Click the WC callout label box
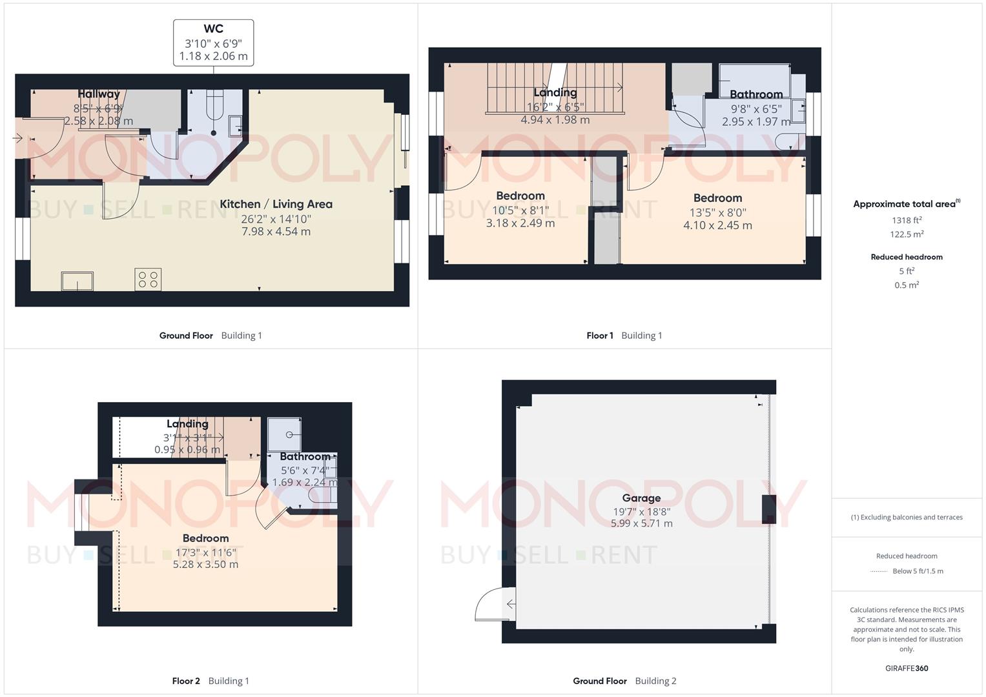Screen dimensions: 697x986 click(x=213, y=43)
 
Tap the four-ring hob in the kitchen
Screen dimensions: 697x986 click(x=148, y=279)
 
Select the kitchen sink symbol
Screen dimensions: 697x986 click(x=77, y=281)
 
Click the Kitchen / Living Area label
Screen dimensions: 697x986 click(x=276, y=204)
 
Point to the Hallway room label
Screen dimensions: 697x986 click(x=99, y=94)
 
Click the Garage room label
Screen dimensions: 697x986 click(x=641, y=498)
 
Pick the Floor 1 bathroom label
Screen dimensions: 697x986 click(x=756, y=95)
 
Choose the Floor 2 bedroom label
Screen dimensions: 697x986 click(x=205, y=538)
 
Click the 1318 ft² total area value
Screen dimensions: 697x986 click(x=907, y=220)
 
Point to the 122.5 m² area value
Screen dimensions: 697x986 click(x=907, y=234)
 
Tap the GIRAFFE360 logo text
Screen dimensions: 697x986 click(x=907, y=668)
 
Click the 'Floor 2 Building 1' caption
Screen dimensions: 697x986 click(x=211, y=681)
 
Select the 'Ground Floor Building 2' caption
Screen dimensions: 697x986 click(x=624, y=681)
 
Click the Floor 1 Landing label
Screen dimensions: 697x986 click(x=555, y=93)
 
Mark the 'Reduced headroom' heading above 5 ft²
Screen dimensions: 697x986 click(x=907, y=257)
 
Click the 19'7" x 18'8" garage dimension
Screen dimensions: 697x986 click(x=641, y=512)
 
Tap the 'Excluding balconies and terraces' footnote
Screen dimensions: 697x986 click(x=907, y=517)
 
